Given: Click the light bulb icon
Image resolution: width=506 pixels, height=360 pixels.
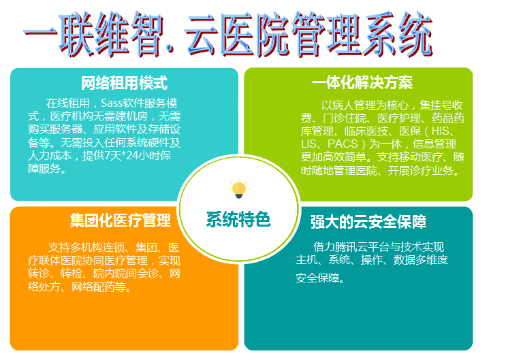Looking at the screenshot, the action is coord(239,190).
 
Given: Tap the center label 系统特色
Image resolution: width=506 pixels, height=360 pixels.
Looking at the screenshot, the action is coord(238,220).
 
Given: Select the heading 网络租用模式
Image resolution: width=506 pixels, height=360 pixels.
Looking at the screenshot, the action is coord(124,83).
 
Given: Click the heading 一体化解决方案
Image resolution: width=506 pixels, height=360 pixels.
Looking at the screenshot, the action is coord(362,82).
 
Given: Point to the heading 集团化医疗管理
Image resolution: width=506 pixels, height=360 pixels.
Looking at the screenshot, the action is coord(121,220).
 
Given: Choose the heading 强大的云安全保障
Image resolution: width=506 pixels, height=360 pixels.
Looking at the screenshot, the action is coord(368,222).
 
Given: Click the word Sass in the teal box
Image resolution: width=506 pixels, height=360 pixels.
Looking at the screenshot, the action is coord(112,103).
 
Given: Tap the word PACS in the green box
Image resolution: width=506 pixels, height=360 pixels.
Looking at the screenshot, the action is coord(343,144).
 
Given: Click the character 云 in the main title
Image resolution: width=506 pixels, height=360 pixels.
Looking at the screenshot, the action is coord(200,33).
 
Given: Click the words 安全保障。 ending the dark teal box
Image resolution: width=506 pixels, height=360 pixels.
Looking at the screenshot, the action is coord(320,278).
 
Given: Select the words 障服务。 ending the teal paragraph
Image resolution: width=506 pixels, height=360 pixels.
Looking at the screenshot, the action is coord(47,168).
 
